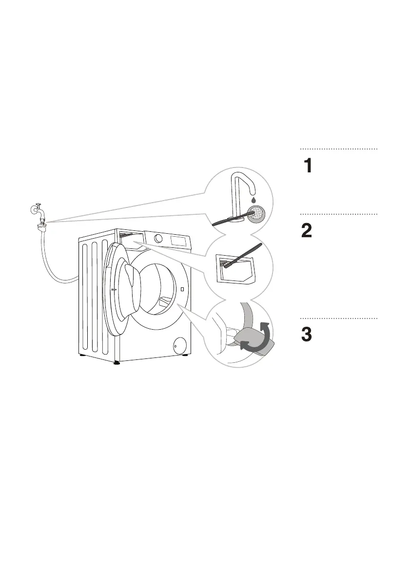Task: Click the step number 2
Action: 307,230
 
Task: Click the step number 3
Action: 307,335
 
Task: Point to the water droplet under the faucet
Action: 253,200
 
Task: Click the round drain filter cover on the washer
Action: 180,344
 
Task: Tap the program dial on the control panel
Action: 159,238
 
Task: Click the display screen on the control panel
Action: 177,240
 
